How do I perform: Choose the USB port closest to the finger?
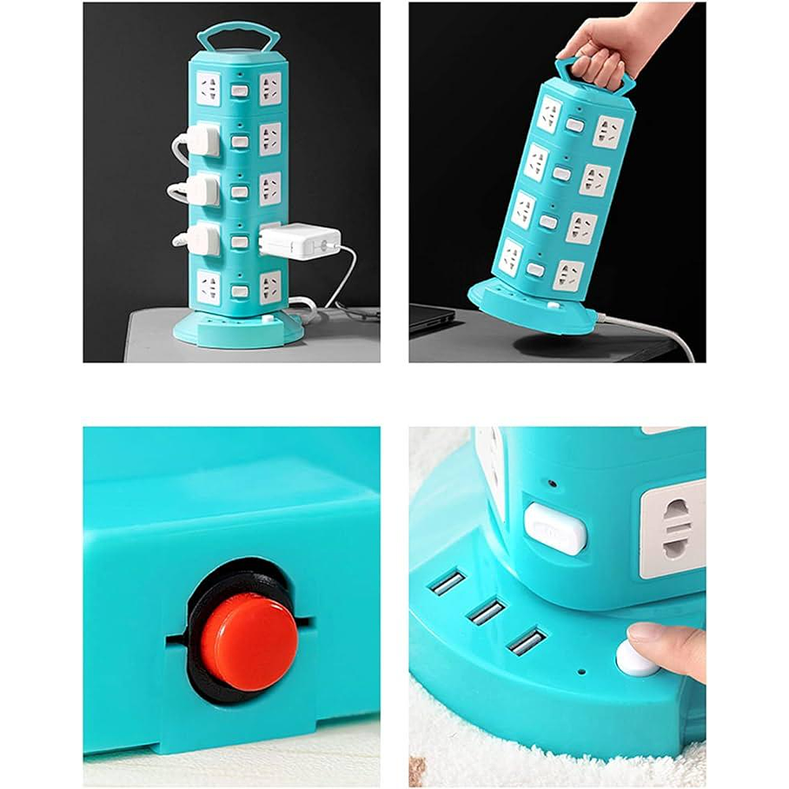pos(527,641)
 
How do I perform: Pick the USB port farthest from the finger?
pos(448,582)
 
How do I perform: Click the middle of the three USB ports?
pos(486,611)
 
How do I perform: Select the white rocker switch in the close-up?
pos(555,528)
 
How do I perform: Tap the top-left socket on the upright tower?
pos(209,89)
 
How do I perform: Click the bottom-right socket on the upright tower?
pos(270,287)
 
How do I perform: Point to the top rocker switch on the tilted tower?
pos(574,125)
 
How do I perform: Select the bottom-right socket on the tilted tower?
pos(568,275)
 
